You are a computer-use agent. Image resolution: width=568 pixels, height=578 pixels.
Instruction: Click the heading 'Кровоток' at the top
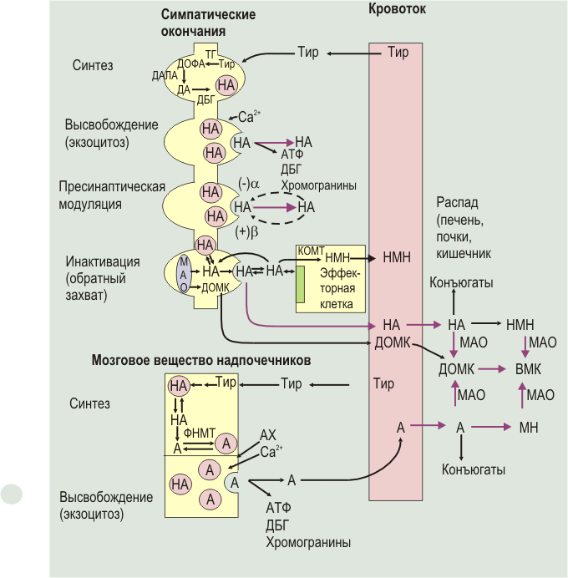[x=397, y=9]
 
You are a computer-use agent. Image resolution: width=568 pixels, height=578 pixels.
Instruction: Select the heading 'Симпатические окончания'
[x=208, y=23]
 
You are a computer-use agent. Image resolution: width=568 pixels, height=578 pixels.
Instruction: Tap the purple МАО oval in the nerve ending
[x=184, y=274]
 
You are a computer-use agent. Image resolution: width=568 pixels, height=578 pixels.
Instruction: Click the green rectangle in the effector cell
[x=301, y=284]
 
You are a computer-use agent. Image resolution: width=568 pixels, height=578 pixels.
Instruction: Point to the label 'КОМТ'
[x=311, y=251]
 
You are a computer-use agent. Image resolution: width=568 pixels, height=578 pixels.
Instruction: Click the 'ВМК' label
[x=528, y=369]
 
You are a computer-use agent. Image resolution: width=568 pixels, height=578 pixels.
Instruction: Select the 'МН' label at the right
[x=529, y=428]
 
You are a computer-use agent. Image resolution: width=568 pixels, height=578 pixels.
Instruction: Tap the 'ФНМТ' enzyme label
[x=199, y=433]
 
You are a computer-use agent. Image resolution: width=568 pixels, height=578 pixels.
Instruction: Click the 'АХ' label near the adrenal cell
[x=268, y=435]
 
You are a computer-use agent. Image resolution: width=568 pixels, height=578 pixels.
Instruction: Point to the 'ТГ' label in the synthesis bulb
[x=210, y=55]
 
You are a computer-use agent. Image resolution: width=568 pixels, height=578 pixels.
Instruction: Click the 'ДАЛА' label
[x=165, y=75]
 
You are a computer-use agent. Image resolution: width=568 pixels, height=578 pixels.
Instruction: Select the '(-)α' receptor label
[x=249, y=183]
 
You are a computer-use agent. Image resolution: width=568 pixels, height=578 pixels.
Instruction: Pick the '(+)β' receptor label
[x=246, y=232]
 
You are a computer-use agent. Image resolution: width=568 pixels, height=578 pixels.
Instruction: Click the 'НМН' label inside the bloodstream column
[x=397, y=257]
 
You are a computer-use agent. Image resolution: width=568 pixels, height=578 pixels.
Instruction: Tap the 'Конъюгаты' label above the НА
[x=461, y=282]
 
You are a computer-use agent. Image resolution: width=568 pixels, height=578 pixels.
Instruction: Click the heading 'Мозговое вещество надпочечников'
[x=200, y=360]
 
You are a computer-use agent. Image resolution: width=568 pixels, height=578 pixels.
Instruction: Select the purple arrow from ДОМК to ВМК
[x=492, y=369]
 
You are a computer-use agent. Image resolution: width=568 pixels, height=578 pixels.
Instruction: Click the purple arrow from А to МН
[x=491, y=427]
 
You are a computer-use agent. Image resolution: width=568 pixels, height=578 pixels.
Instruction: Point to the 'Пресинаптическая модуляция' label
[x=112, y=195]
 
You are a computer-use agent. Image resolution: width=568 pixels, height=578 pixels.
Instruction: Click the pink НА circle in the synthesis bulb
[x=226, y=85]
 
